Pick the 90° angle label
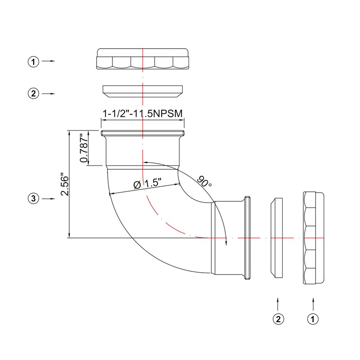pos(204,181)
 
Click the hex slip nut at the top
pos(142,60)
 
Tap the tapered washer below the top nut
pos(142,92)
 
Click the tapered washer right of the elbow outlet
pos(276,238)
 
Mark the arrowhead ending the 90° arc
pos(225,243)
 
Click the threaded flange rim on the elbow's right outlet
pos(247,238)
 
